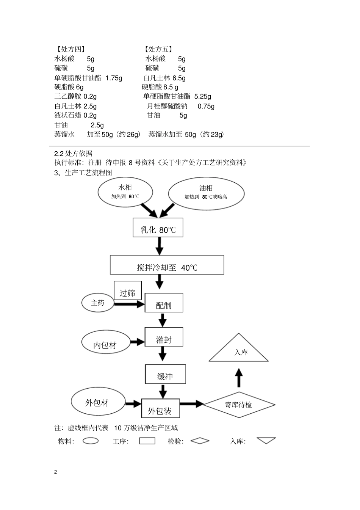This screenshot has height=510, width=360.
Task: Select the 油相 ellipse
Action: pos(206,193)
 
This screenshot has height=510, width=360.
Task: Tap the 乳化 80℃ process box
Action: pos(158,228)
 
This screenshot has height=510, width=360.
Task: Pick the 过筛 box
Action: pos(128,291)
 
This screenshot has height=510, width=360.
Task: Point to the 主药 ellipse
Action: pos(98,303)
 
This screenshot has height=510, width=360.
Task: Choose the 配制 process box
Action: pos(164,303)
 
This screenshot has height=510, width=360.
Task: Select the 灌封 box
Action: pos(164,337)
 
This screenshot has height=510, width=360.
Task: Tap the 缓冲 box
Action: pos(165,374)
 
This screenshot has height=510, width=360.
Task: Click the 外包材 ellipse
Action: pos(98,403)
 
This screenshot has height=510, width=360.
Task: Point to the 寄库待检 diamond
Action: pos(239,405)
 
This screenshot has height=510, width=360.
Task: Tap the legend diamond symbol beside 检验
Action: pos(200,441)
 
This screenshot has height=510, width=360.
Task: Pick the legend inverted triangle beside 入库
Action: pos(266,440)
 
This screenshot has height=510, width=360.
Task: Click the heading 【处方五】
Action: pos(158,49)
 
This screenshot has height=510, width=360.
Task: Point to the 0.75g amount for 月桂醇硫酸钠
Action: pos(206,107)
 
